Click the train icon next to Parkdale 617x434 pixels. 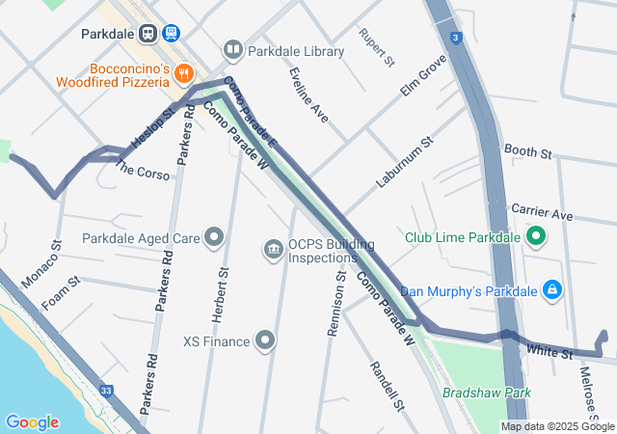(148, 33)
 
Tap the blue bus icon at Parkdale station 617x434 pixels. (172, 33)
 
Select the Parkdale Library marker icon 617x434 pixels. (232, 49)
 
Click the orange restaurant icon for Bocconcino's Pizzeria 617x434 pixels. (185, 73)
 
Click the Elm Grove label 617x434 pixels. (424, 76)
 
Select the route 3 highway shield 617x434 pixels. (454, 37)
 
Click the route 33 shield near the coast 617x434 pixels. (106, 391)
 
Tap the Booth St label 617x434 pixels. (527, 152)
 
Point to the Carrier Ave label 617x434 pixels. (542, 212)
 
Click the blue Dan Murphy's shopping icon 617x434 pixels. (551, 288)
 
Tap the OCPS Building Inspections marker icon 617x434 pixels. (274, 251)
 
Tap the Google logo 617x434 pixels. (32, 422)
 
